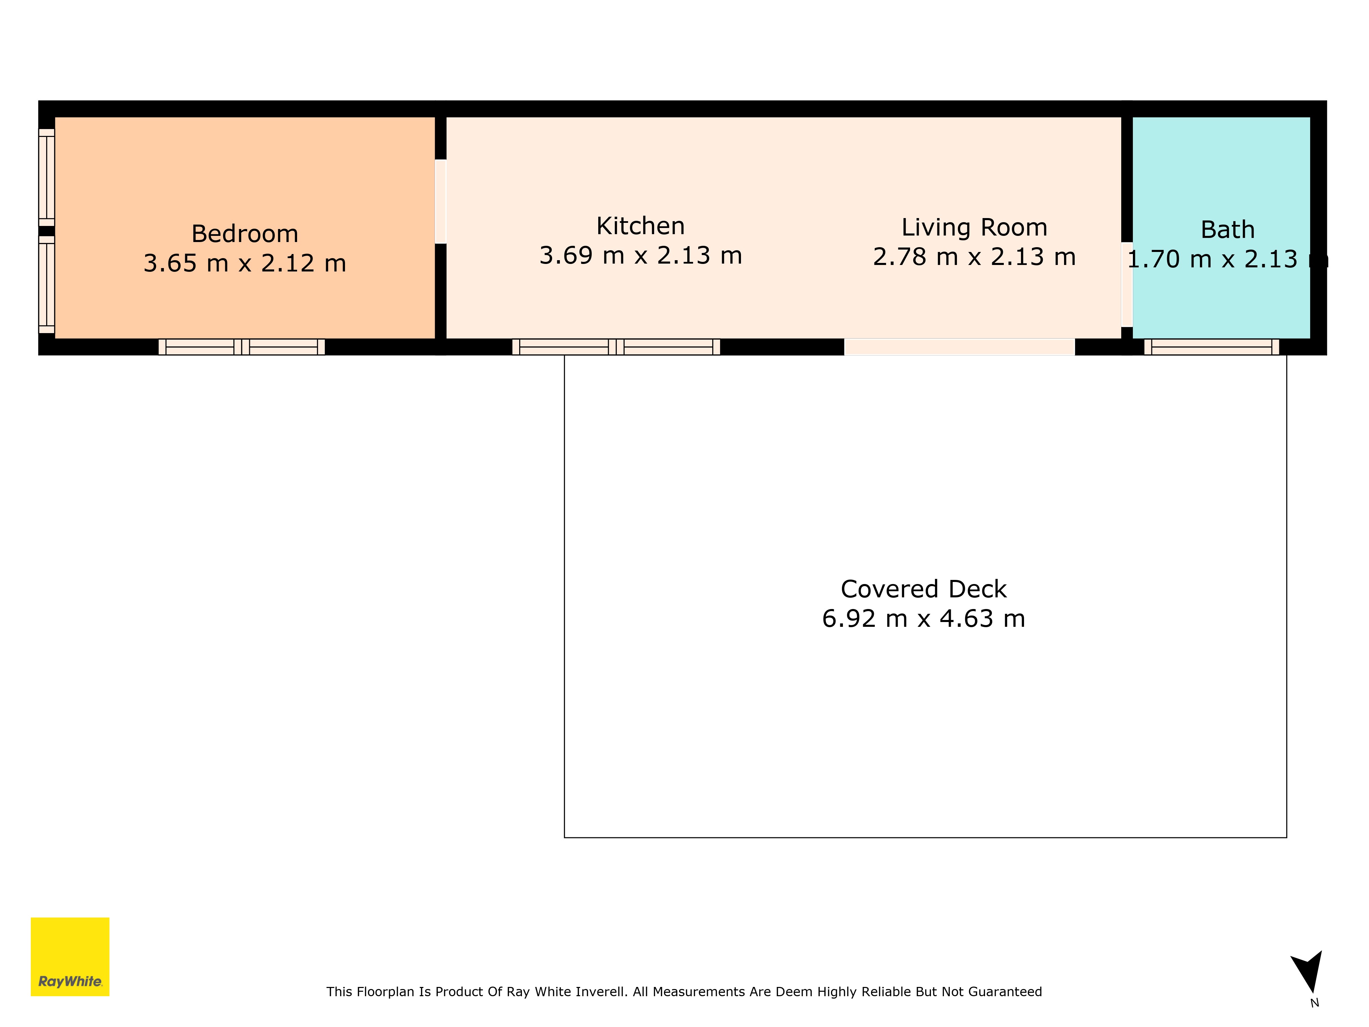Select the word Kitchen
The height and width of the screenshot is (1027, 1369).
[641, 226]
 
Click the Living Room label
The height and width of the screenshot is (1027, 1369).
[974, 227]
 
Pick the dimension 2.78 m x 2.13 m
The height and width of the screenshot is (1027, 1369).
[974, 257]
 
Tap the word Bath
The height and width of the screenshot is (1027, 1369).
[1227, 230]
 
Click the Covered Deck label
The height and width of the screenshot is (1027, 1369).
[923, 589]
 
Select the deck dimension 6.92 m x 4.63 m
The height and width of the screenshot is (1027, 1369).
[923, 619]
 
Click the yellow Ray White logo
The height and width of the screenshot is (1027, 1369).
[70, 956]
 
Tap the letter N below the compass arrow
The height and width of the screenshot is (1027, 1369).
[1315, 1003]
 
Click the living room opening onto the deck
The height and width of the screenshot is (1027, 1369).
[959, 347]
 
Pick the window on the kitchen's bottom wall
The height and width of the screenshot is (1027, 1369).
[616, 347]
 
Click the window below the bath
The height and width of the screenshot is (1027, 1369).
[1211, 347]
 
